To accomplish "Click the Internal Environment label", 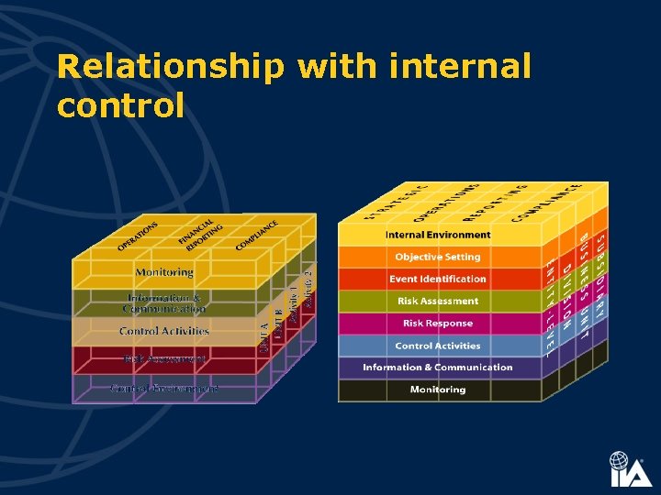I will tap(438, 235).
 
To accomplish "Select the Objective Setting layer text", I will tap(438, 257).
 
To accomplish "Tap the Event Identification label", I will tap(438, 279).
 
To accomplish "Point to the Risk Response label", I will tap(438, 323).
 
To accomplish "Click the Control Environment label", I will tap(164, 389).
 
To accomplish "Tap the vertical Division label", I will tap(567, 294).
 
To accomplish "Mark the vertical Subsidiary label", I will tap(599, 275).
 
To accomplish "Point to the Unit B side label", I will tap(278, 324).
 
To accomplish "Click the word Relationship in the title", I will tap(170, 68).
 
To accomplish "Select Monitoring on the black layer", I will tap(438, 390).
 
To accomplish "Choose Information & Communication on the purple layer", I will tap(438, 368).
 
